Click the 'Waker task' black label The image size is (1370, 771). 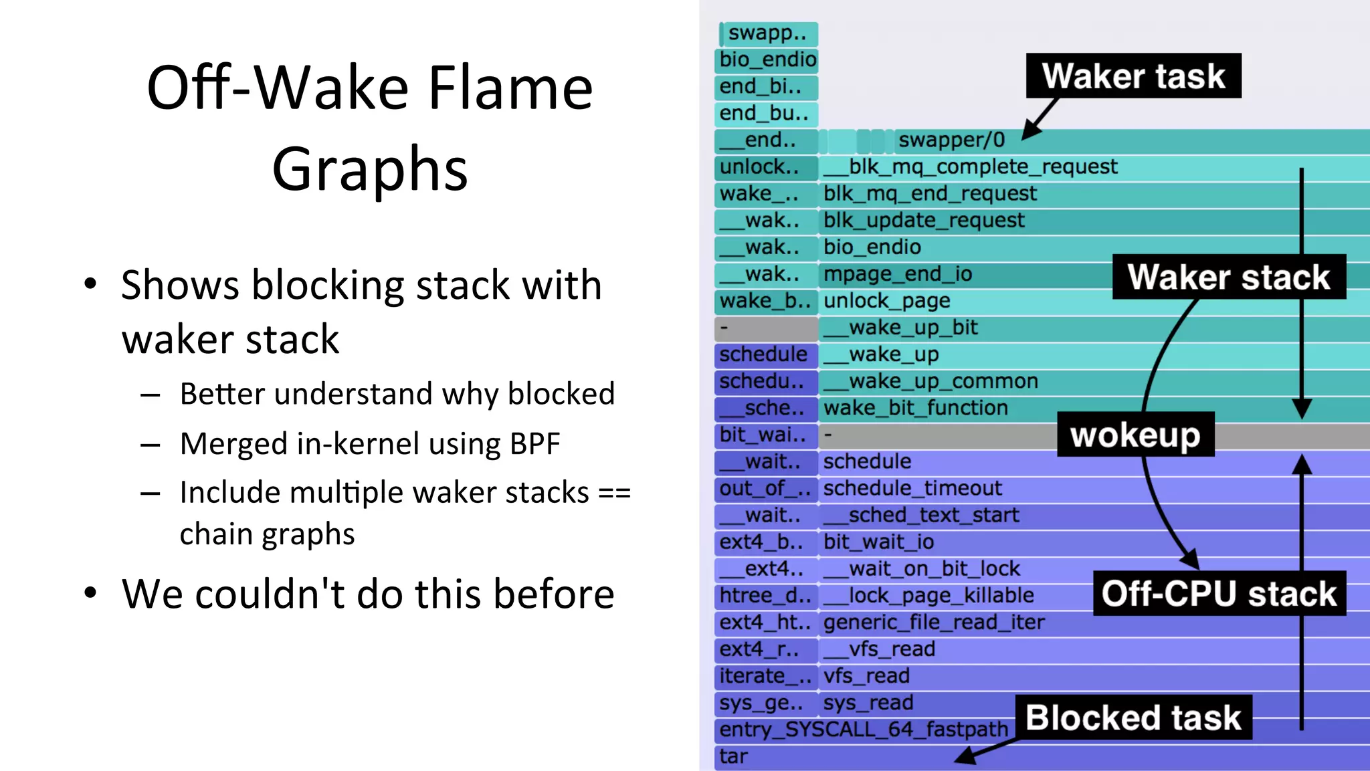1133,76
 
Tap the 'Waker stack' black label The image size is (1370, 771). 1229,277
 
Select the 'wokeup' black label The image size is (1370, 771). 1135,435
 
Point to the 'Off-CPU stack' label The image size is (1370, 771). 1219,593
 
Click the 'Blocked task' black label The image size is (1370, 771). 1133,718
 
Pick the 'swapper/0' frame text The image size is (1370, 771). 951,140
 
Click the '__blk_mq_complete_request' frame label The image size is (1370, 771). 970,167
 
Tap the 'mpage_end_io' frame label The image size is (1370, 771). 898,274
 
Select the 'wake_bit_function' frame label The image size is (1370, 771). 915,408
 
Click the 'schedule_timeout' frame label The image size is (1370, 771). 912,488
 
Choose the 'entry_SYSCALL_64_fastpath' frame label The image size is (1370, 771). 863,730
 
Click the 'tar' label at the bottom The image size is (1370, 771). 733,756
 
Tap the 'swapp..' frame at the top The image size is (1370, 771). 767,33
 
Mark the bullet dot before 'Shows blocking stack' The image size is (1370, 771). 90,284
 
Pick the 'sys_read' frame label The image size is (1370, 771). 868,703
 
